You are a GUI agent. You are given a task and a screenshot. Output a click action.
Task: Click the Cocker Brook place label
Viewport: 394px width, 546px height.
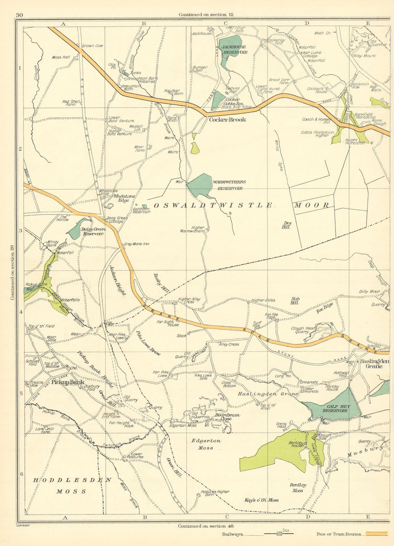[227, 119]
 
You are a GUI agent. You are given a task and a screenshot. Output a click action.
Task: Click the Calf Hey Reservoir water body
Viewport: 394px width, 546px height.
[335, 406]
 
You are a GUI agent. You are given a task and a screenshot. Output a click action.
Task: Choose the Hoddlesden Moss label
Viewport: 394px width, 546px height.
[72, 485]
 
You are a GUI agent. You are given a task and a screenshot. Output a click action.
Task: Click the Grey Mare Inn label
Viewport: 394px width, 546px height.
[136, 244]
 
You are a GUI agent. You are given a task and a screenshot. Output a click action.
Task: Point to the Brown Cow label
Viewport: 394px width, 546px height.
[93, 46]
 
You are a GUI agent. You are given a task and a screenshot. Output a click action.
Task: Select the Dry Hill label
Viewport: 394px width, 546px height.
[286, 225]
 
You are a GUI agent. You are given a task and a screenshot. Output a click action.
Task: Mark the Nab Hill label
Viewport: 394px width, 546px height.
[295, 301]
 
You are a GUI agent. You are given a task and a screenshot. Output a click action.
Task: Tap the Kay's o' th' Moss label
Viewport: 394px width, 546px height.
[262, 500]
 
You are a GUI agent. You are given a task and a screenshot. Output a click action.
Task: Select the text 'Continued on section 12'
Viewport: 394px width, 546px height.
[206, 15]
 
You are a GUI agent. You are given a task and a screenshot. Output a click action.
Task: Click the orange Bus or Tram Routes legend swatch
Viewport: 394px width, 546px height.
[377, 534]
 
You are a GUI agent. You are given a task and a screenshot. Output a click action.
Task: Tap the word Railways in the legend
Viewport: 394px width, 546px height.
[232, 535]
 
